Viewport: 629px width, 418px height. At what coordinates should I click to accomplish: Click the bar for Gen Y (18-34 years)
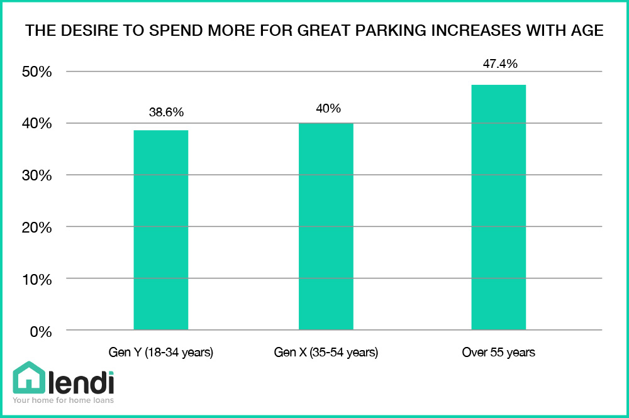click(161, 230)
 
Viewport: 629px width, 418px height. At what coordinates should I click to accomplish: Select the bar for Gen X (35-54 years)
click(326, 226)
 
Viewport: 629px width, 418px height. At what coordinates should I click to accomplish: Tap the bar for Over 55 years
click(499, 207)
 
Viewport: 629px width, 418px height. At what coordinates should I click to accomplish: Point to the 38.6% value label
click(166, 113)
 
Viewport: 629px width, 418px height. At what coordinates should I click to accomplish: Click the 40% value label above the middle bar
click(328, 108)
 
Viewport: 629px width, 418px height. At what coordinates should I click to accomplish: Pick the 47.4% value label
click(500, 64)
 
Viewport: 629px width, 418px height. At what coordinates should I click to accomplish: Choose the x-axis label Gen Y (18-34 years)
click(161, 353)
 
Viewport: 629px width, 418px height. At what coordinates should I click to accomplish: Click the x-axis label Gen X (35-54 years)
click(326, 353)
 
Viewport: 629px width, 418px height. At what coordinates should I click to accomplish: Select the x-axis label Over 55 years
click(499, 353)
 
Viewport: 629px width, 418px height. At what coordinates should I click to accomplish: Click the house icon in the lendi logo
click(28, 378)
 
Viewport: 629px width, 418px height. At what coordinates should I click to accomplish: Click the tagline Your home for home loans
click(63, 400)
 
